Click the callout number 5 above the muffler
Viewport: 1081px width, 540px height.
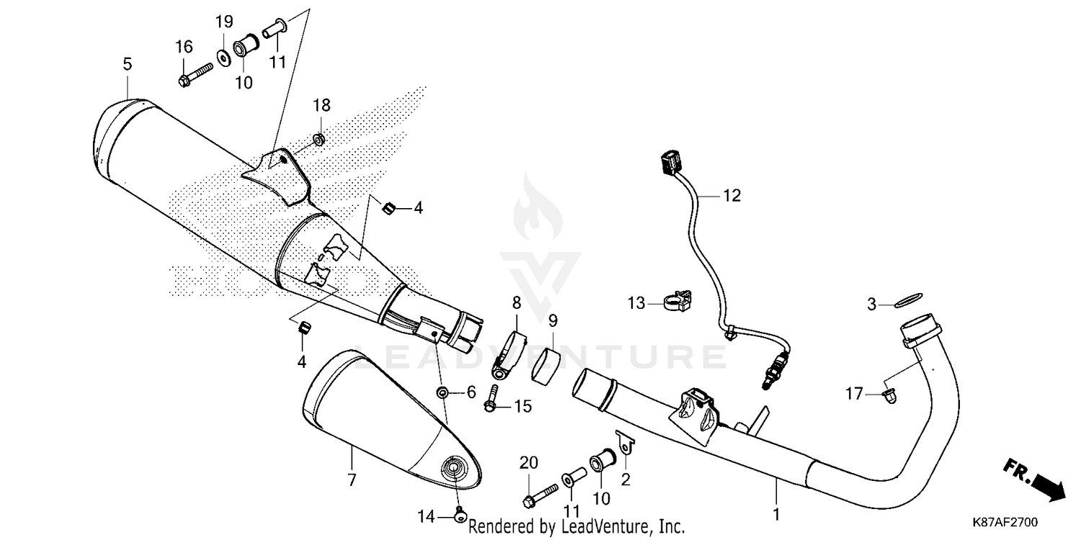[x=127, y=64]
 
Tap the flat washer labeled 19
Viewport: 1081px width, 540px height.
[x=223, y=55]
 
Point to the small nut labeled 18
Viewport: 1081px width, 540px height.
[x=320, y=137]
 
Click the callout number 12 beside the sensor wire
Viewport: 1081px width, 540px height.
[x=731, y=195]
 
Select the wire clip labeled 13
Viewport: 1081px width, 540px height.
[x=675, y=302]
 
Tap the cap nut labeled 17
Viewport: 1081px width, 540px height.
[x=889, y=395]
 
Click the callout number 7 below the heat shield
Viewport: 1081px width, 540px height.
[x=352, y=480]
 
